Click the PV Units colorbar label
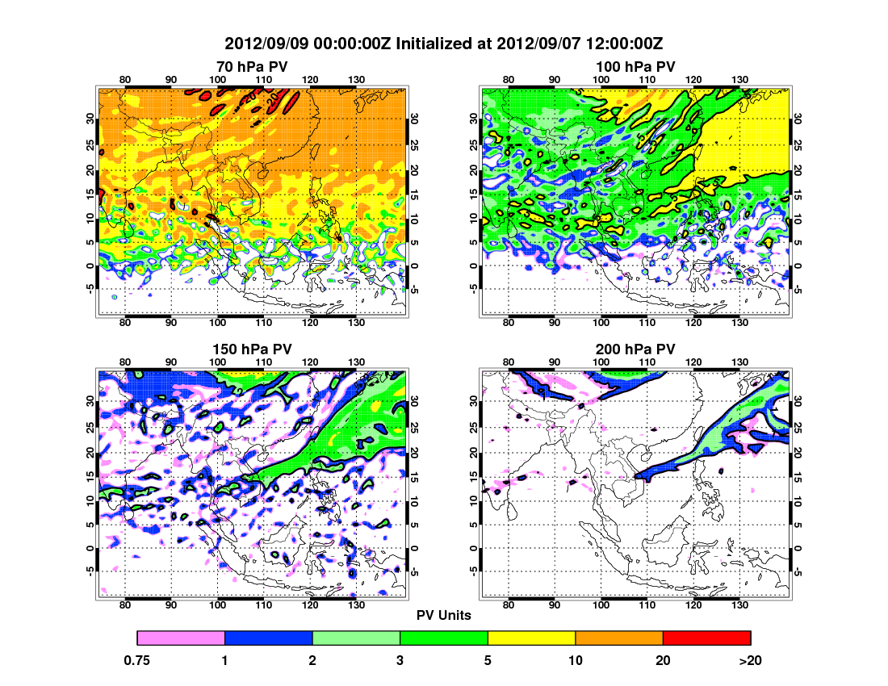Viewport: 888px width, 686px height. (443, 615)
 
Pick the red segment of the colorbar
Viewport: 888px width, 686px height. (706, 638)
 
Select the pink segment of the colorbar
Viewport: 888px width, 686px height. (181, 638)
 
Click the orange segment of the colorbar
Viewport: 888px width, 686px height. (619, 638)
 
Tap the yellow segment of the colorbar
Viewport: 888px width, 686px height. (531, 638)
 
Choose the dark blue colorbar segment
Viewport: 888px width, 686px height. (268, 638)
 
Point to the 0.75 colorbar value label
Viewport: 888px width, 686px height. (137, 660)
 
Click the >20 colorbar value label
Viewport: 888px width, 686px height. (750, 660)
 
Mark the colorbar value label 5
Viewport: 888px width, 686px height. (488, 660)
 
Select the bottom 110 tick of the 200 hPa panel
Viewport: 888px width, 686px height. (647, 606)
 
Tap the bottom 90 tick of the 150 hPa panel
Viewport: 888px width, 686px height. (171, 606)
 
